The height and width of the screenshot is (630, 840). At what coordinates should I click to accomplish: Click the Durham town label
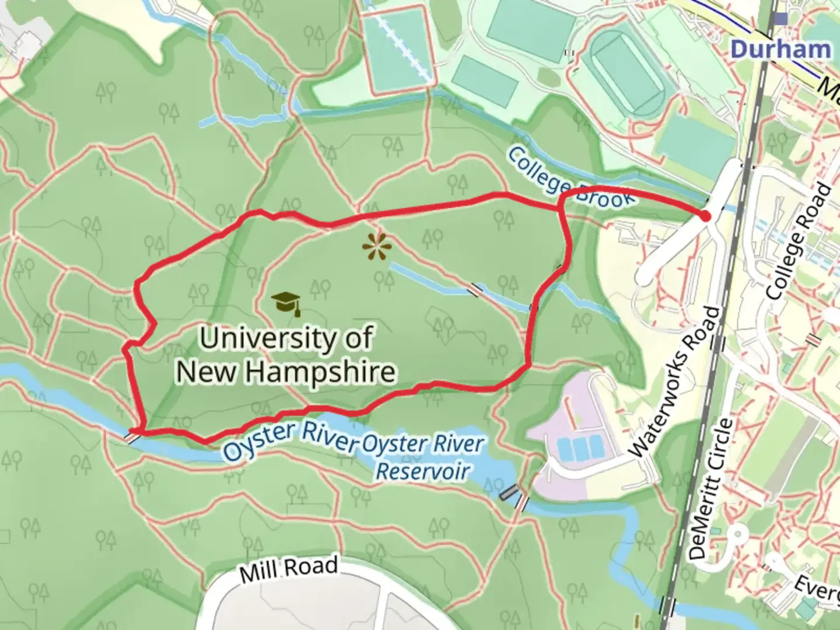tap(780, 49)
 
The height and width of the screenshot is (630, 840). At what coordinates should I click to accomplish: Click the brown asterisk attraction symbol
tap(376, 247)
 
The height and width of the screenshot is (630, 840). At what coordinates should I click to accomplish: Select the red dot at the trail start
tap(705, 216)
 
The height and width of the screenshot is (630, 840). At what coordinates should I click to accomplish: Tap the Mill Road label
tap(288, 569)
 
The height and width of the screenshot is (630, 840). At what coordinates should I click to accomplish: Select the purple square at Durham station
tap(780, 18)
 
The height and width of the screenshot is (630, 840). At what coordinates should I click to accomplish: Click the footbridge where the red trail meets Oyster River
tap(135, 435)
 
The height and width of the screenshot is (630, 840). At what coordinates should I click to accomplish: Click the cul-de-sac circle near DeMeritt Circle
tap(736, 533)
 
